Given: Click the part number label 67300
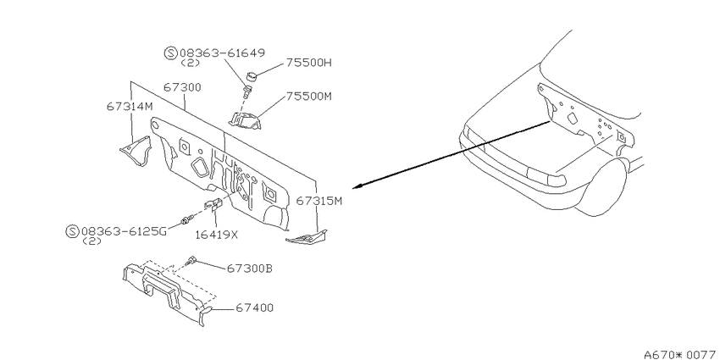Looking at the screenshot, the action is tap(182, 87).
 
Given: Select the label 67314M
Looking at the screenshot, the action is tap(130, 107).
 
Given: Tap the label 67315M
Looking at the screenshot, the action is tap(319, 201).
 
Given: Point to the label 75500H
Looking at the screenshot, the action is tap(308, 63).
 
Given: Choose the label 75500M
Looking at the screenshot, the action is tap(308, 97).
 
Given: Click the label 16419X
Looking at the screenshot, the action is tap(216, 235).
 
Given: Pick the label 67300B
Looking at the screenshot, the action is tap(249, 269).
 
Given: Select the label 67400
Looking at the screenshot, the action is tap(254, 307).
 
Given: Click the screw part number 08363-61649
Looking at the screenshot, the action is tap(222, 53).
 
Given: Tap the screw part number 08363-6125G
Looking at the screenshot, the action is tap(124, 230).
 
